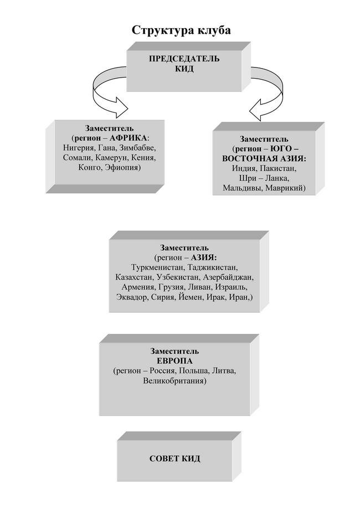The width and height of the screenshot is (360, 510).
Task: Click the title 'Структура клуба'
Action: pos(181,30)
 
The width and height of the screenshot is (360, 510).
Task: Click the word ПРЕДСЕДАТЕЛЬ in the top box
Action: pos(184,59)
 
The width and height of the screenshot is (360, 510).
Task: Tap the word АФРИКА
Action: pos(128,138)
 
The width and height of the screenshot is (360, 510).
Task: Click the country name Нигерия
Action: pos(79,148)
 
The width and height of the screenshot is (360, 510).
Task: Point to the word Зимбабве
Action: pos(137,148)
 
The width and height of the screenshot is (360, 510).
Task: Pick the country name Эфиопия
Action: pos(123,168)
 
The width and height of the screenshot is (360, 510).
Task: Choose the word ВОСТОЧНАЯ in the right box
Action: pos(250,159)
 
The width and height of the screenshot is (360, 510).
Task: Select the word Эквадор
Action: pos(132,297)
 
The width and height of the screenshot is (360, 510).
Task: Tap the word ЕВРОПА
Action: pos(174,361)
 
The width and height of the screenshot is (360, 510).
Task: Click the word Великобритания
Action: pos(174,380)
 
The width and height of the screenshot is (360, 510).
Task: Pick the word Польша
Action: pos(194,371)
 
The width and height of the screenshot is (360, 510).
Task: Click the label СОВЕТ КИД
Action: pos(174,459)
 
